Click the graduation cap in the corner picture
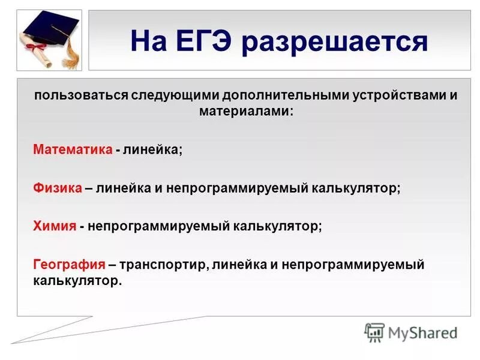tap(48, 30)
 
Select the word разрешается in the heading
tap(338, 42)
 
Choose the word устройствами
tap(392, 96)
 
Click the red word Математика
tap(73, 149)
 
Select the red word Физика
tap(58, 188)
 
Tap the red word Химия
tap(55, 226)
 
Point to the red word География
tap(70, 265)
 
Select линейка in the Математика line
tap(152, 149)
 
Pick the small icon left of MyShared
tap(374, 332)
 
